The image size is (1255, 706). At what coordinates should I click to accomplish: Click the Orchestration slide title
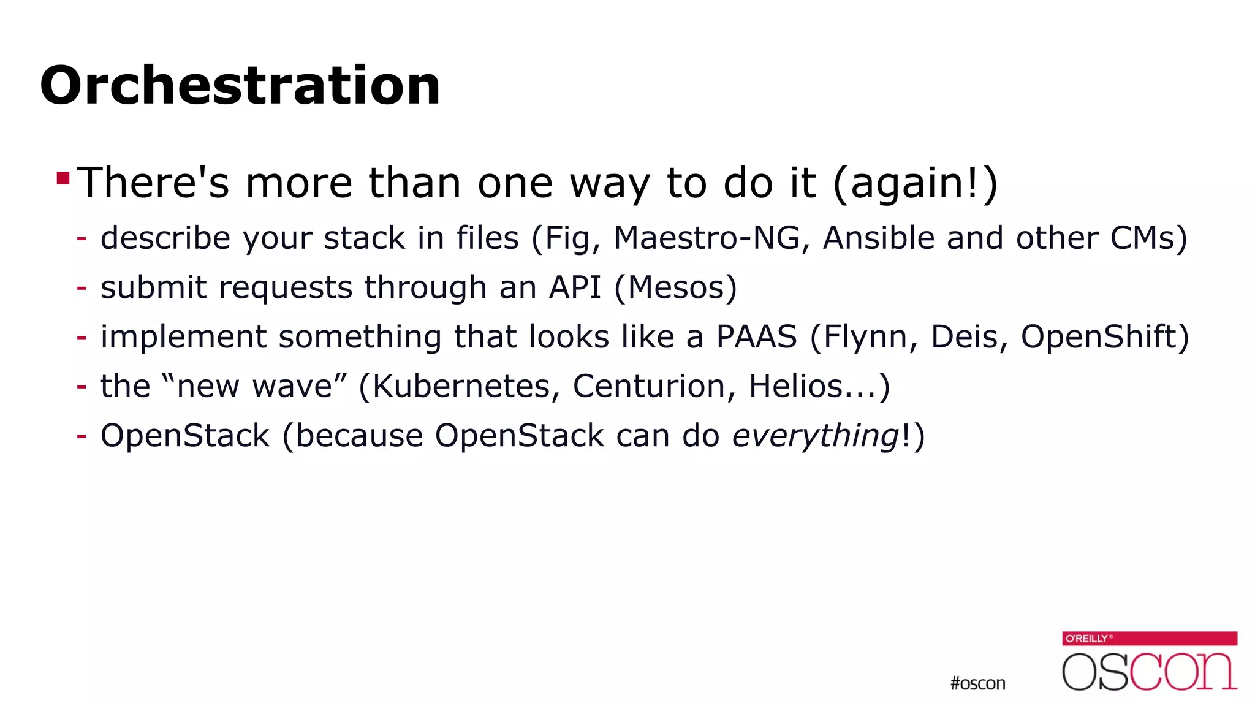pos(240,85)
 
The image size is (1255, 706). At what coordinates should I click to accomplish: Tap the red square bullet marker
pos(63,178)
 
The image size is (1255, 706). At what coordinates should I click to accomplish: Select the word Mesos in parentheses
pos(676,287)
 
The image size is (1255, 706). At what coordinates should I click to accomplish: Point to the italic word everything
pos(815,436)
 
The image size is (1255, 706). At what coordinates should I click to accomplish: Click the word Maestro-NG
pos(707,238)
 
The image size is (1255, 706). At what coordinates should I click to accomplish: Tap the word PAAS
pos(757,336)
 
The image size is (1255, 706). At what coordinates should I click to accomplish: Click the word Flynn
pos(865,337)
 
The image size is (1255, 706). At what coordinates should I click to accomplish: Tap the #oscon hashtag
pos(977,683)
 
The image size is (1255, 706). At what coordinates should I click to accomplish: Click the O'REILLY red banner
pos(1149,639)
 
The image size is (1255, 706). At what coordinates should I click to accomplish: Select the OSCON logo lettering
pos(1149,672)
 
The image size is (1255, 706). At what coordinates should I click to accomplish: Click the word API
pos(575,287)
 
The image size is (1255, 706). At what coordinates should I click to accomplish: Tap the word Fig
pos(566,239)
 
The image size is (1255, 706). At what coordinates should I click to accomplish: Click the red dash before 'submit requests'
pos(82,287)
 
